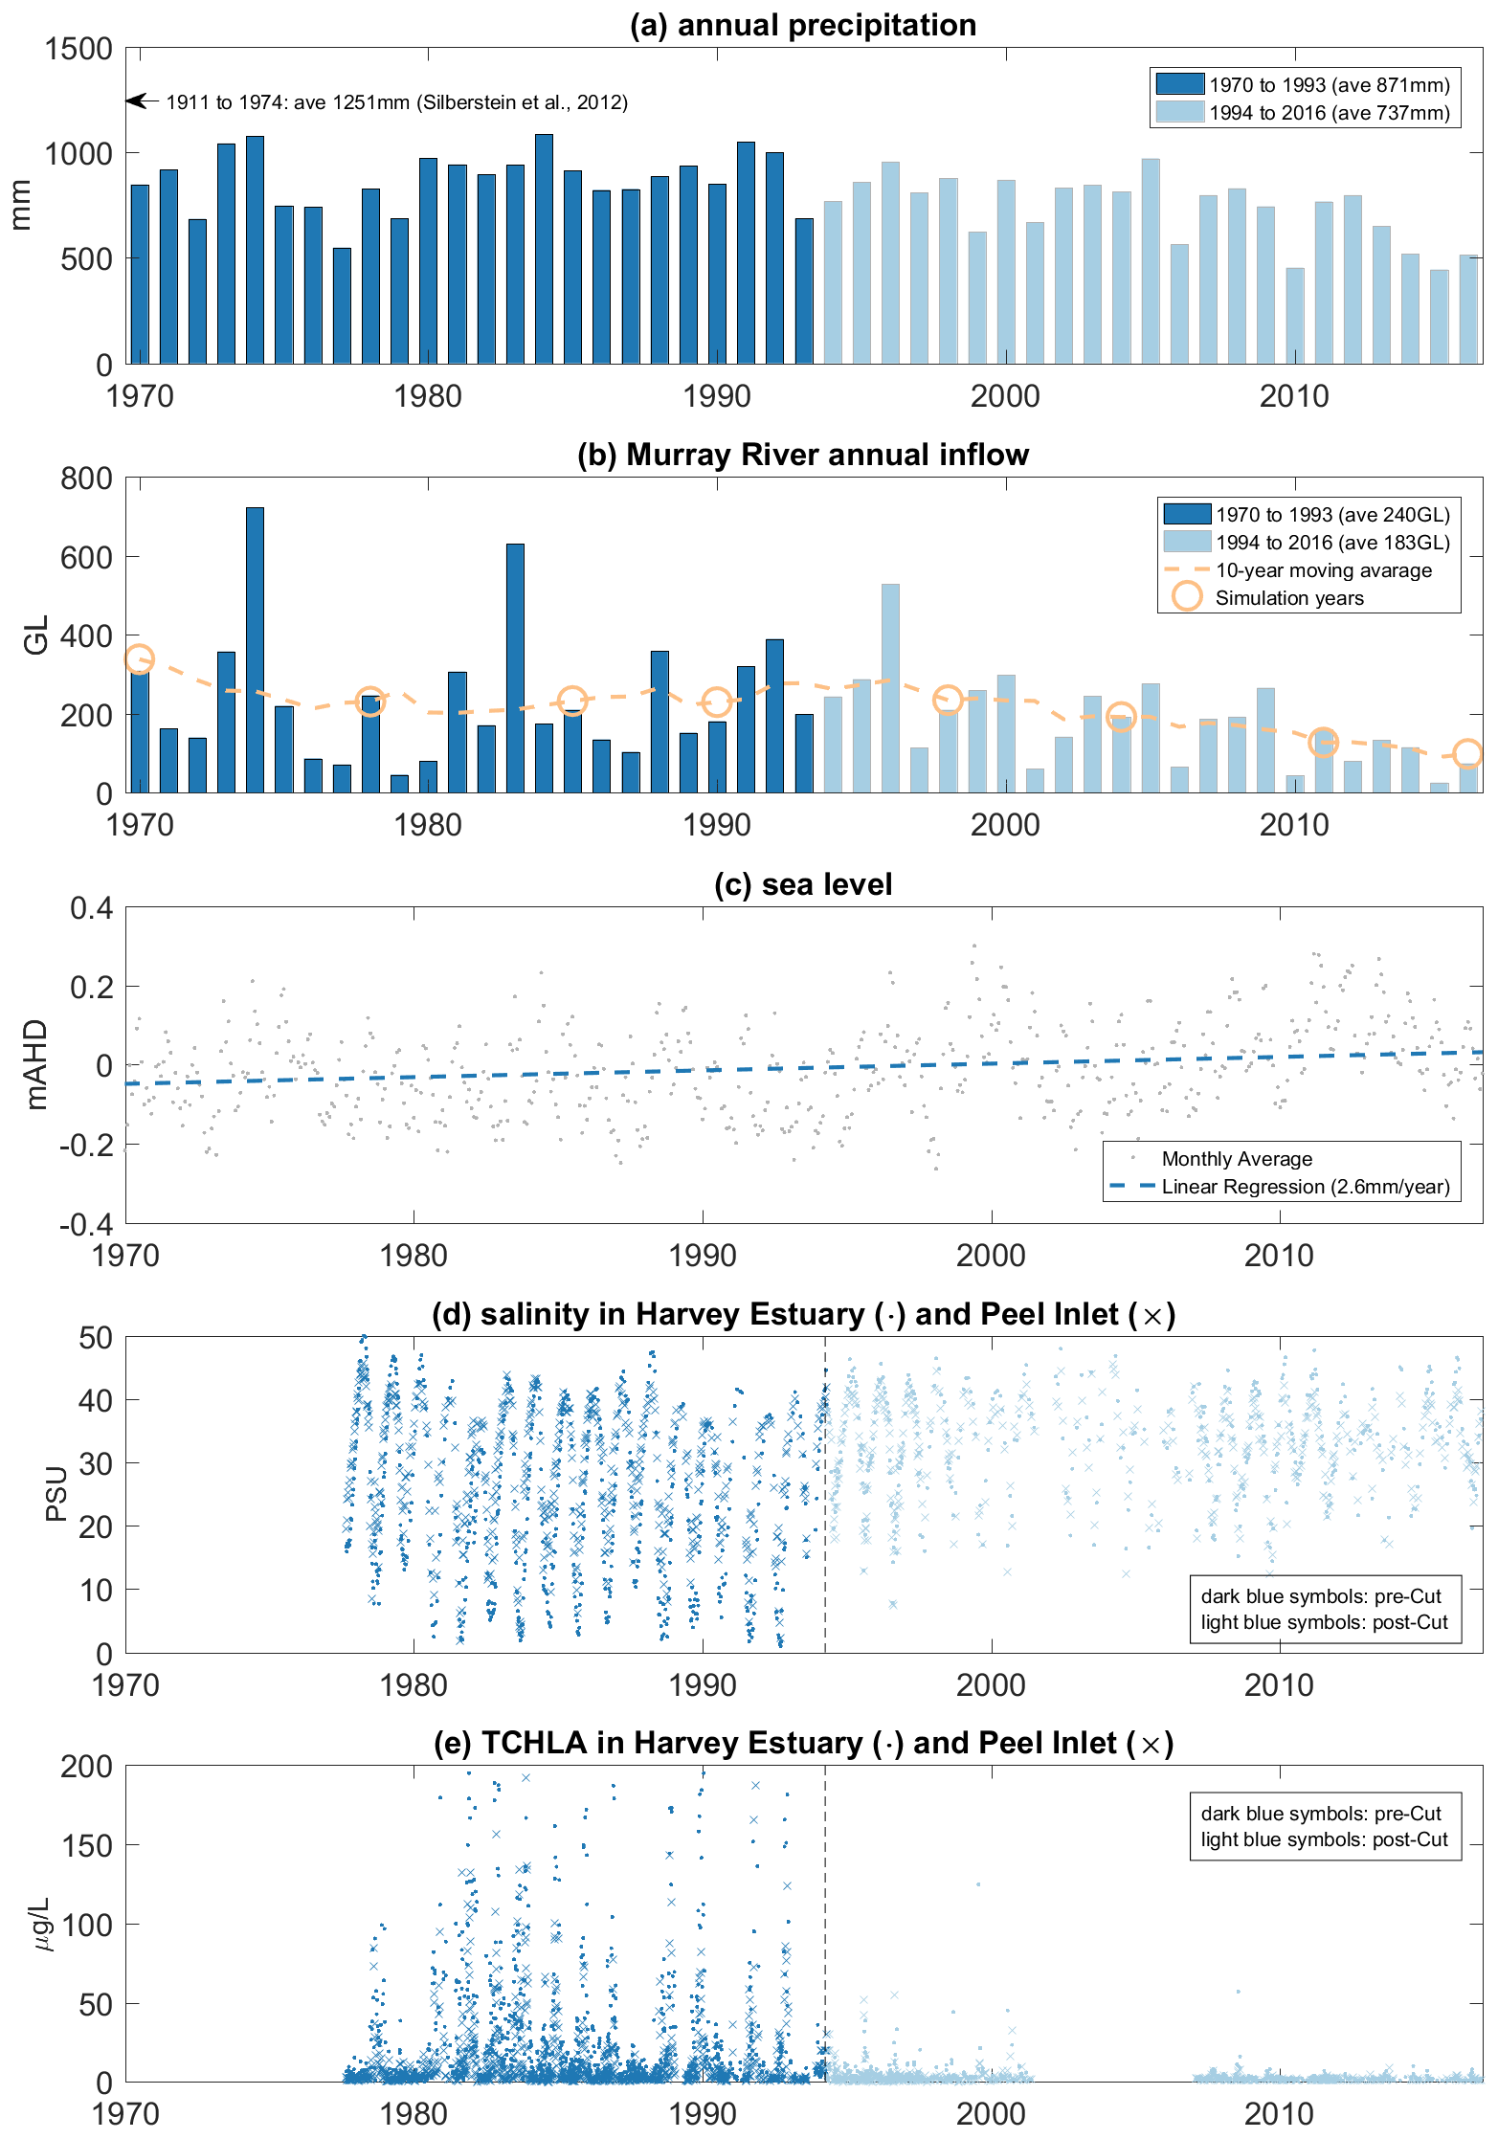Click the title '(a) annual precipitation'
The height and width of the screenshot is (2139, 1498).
point(802,25)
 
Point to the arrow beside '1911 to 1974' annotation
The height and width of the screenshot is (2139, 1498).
point(139,100)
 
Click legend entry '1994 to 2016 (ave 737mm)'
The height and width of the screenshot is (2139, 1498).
point(1329,113)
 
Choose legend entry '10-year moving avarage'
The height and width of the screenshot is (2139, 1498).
point(1323,570)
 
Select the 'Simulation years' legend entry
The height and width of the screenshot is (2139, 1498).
point(1288,598)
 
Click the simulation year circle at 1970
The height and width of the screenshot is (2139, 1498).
point(140,659)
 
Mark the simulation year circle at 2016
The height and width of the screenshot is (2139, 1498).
point(1467,754)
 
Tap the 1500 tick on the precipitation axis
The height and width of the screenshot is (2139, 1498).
point(78,49)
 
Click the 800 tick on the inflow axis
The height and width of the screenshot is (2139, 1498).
point(86,478)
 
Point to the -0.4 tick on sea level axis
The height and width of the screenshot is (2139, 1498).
point(86,1223)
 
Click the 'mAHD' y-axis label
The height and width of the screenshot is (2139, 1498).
point(36,1064)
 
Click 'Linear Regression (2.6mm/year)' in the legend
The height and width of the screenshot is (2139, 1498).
point(1306,1187)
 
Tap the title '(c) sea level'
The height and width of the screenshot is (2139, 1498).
point(802,884)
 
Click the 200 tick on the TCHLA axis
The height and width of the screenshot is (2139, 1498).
point(86,1767)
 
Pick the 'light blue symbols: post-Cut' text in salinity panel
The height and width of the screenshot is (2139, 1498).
point(1325,1622)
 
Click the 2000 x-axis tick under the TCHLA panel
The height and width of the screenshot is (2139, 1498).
point(991,2112)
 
